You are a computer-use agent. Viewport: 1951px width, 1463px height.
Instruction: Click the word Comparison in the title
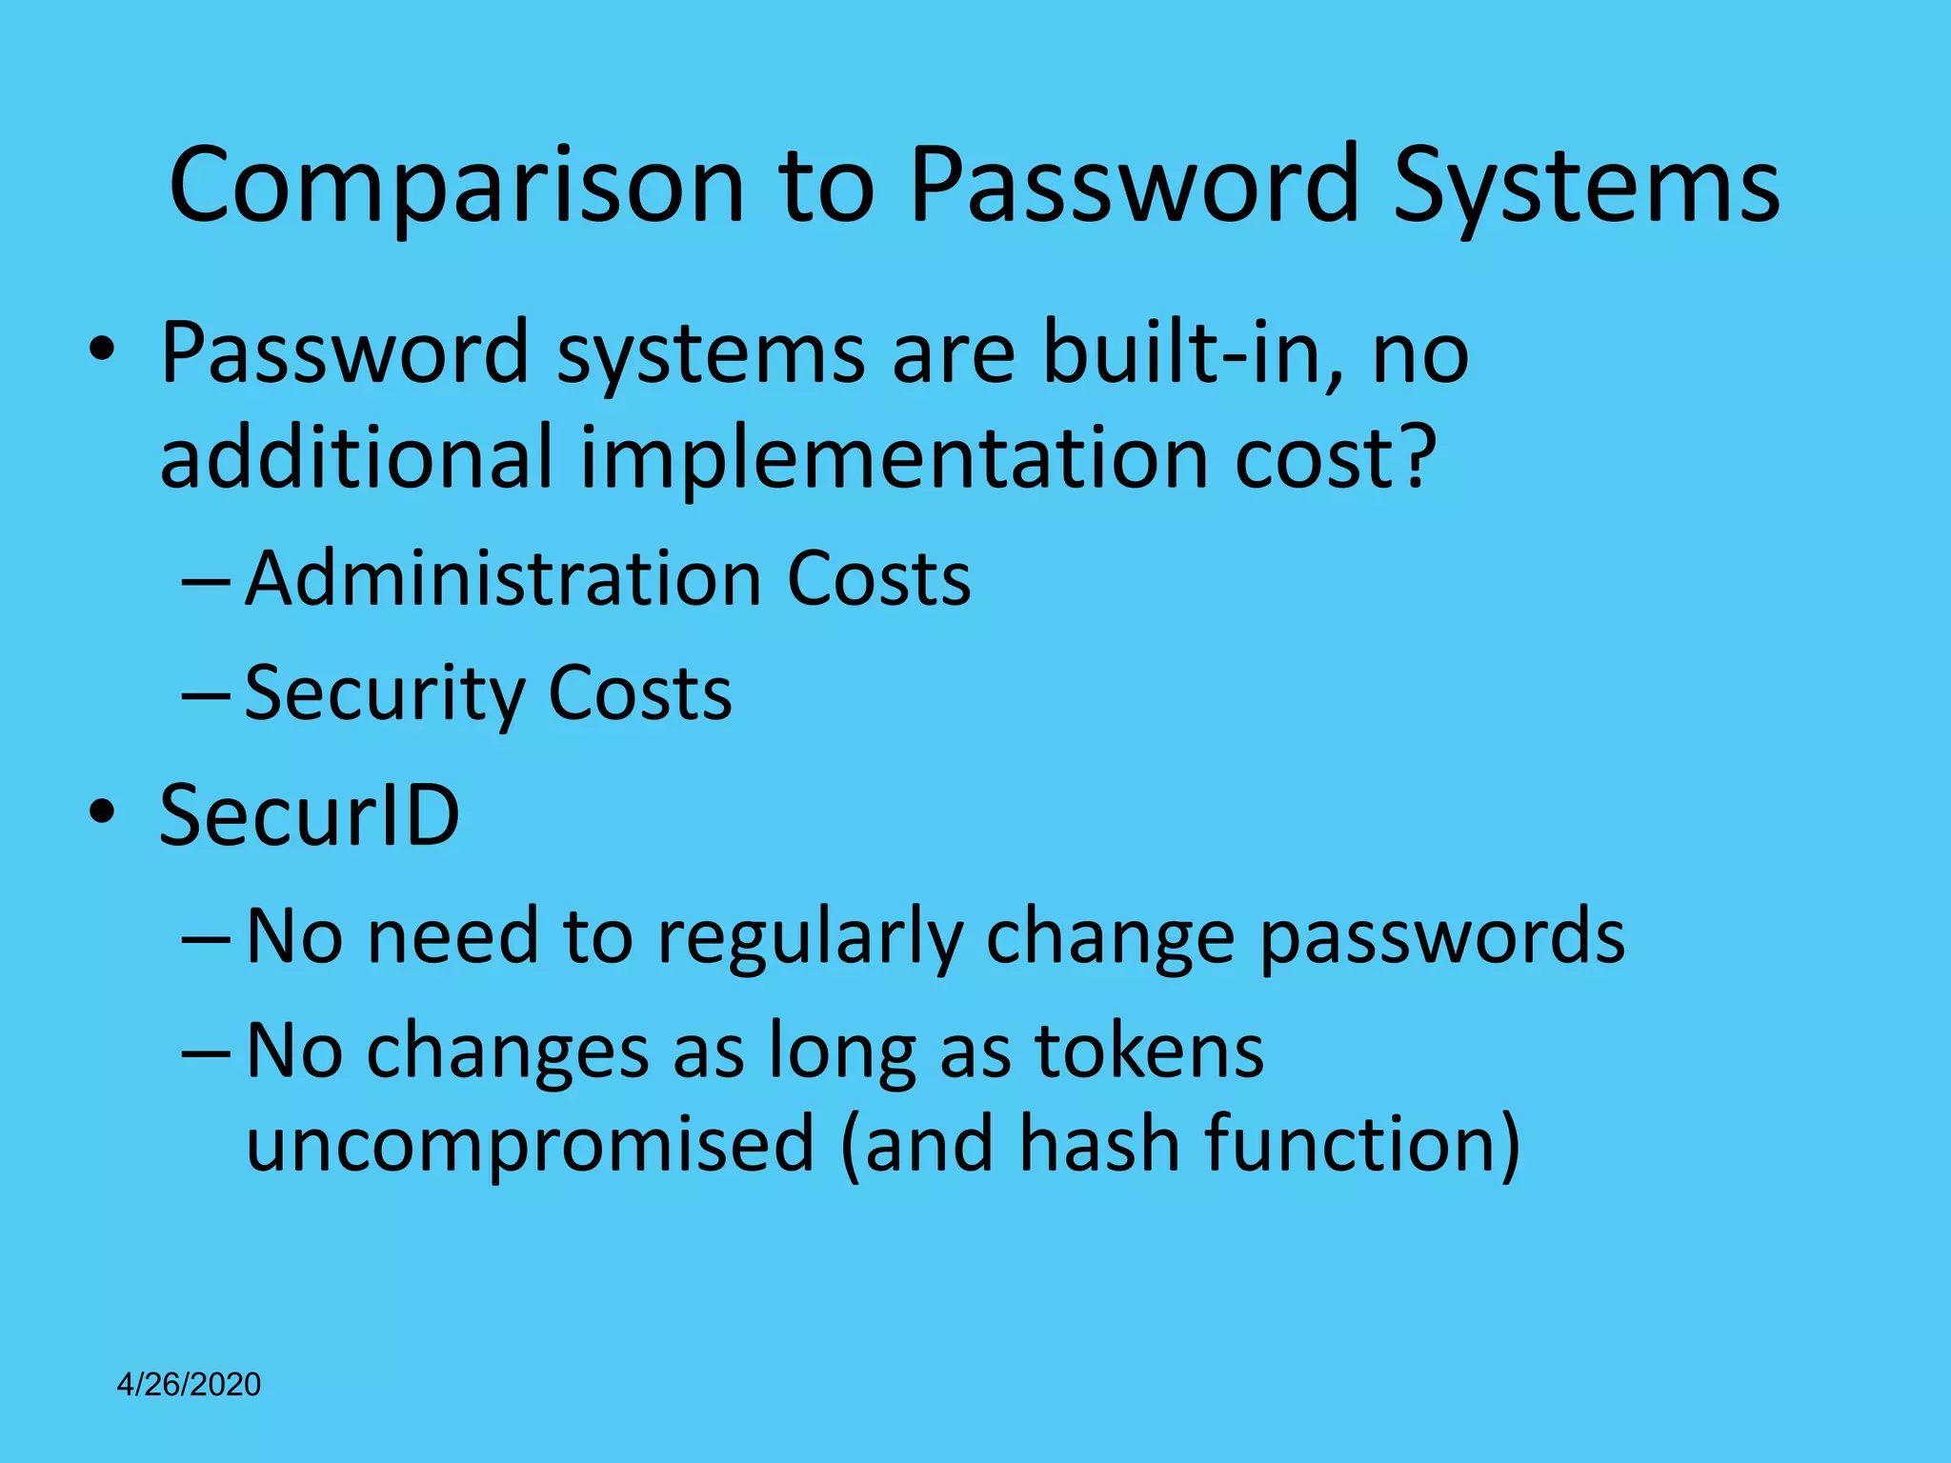coord(455,186)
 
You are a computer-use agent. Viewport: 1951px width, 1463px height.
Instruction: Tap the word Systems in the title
coord(1585,186)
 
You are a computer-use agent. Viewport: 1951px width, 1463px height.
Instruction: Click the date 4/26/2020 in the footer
coord(189,1384)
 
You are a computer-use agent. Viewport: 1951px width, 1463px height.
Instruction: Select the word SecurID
coord(310,815)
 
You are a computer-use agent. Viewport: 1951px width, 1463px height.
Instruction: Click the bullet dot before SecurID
coord(102,812)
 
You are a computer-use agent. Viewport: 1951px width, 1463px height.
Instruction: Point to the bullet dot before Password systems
coord(102,351)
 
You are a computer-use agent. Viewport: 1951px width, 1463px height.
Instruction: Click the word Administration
coord(502,578)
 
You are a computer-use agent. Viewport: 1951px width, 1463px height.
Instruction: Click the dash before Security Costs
coord(206,694)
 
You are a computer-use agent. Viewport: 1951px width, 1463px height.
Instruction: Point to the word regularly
coord(810,937)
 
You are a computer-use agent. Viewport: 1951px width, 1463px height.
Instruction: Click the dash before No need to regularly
coord(206,937)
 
